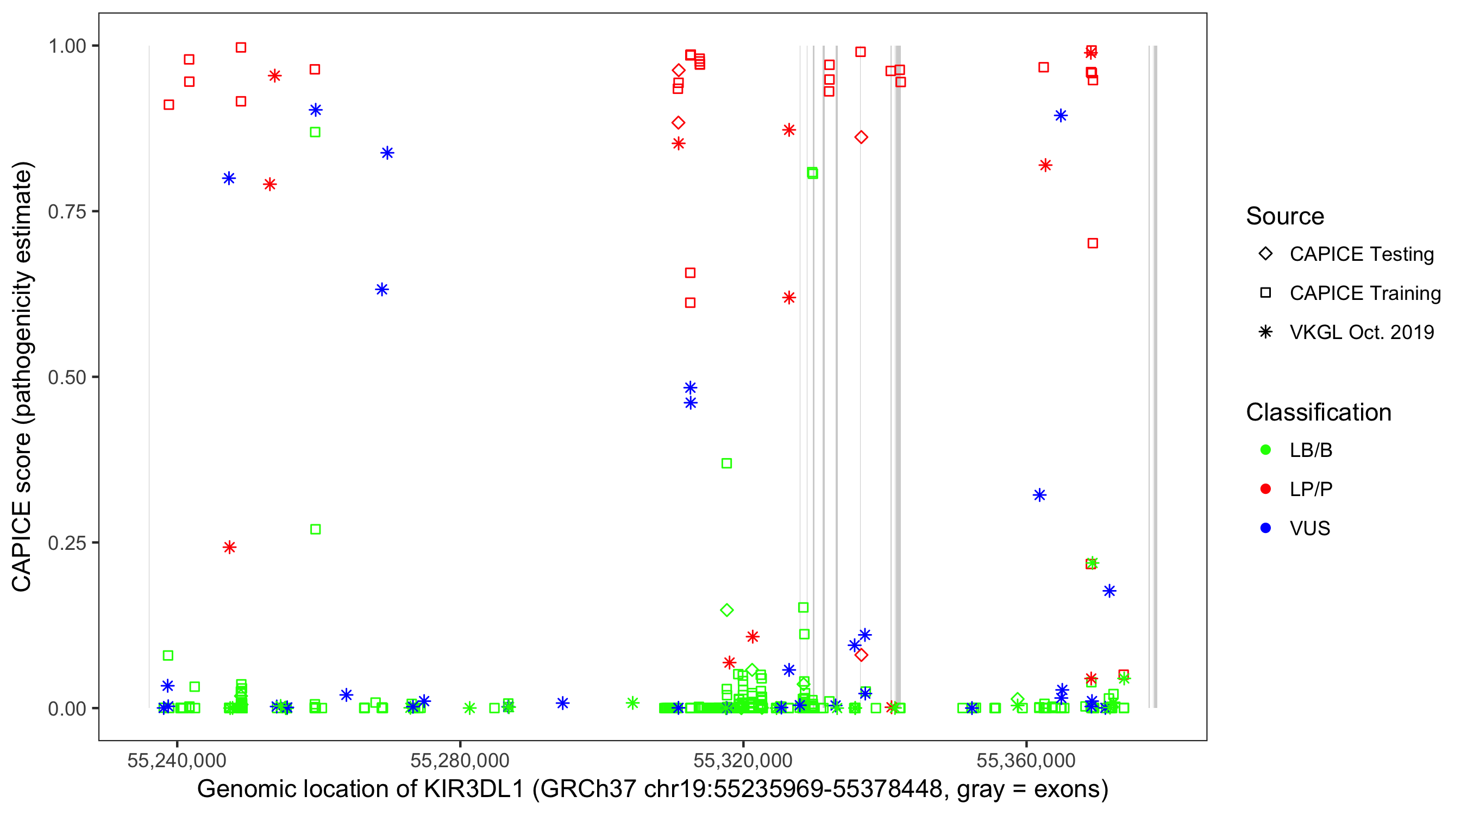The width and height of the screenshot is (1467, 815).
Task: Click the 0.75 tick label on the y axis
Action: pos(66,212)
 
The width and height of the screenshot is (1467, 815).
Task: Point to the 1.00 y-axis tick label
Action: pos(66,46)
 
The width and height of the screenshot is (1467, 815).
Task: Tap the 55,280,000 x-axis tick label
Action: pos(460,760)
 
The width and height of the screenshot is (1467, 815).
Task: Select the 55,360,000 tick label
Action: pos(1026,760)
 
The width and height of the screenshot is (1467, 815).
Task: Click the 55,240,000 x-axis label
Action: pos(177,760)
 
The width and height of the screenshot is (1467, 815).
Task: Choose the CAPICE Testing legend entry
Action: pos(1361,254)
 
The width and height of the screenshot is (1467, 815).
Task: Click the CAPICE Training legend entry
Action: pos(1364,293)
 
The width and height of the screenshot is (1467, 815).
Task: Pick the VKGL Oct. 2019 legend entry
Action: pos(1361,332)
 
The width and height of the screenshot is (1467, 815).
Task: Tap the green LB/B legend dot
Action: pos(1265,450)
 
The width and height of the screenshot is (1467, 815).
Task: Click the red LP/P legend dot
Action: pos(1265,489)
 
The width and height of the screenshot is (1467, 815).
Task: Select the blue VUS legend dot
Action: pos(1265,528)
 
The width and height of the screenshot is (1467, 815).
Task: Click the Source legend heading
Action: pos(1285,216)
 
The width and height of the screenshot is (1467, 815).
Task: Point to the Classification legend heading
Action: pos(1318,412)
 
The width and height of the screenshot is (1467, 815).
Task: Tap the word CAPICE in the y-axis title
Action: pos(22,546)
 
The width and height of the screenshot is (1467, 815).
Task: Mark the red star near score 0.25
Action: pos(229,547)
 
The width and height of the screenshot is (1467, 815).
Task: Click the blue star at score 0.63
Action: pos(382,290)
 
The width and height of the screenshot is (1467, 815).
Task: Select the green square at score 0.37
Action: pos(726,463)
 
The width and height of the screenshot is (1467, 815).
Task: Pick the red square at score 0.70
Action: pos(1092,244)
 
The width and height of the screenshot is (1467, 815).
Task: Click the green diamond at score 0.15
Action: pos(726,610)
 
